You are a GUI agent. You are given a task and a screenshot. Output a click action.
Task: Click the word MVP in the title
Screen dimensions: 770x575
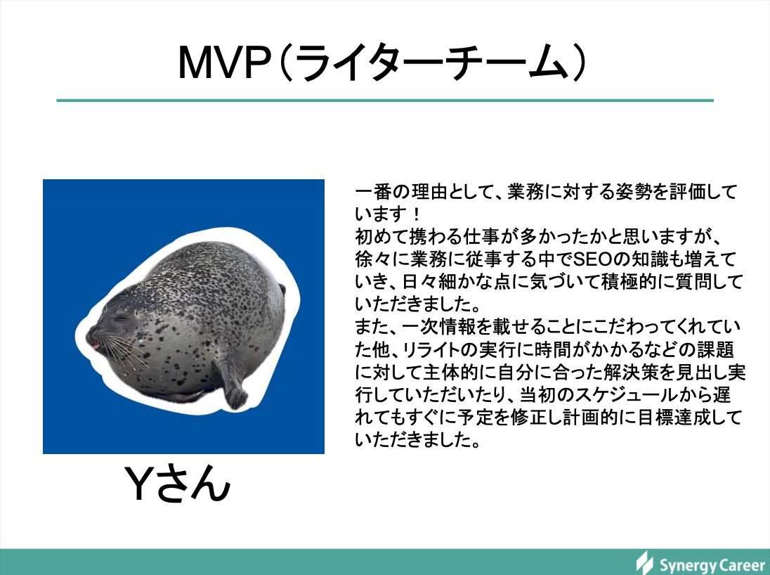point(226,63)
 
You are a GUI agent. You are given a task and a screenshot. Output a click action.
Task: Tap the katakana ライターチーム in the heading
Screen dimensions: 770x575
point(433,63)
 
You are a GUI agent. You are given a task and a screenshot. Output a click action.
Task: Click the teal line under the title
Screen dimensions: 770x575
point(385,101)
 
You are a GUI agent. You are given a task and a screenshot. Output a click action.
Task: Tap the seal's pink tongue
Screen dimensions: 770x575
point(96,347)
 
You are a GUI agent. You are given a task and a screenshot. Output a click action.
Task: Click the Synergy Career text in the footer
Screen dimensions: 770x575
point(712,565)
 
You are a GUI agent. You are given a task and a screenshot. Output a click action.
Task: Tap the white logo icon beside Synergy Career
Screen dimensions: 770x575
point(644,562)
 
